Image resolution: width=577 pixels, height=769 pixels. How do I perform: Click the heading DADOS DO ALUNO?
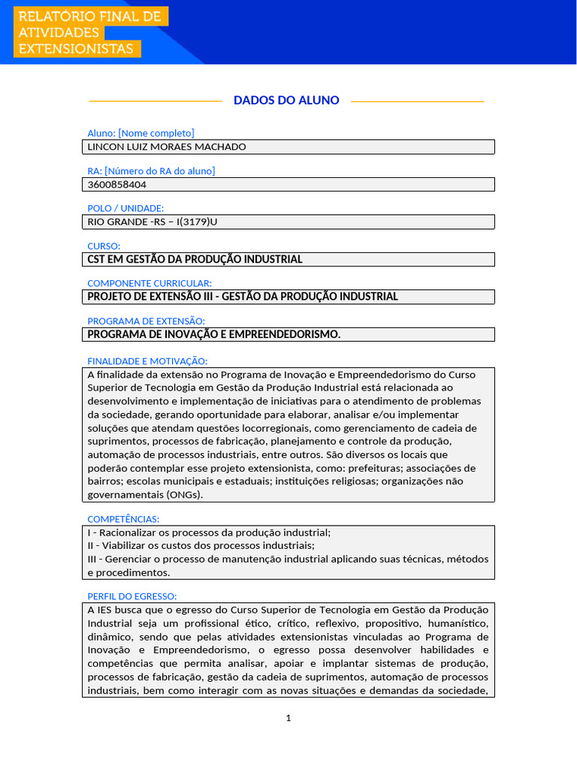(286, 100)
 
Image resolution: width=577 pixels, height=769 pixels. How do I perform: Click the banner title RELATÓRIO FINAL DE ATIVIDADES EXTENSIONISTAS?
(89, 32)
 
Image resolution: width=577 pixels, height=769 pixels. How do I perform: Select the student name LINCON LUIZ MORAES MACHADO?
(167, 146)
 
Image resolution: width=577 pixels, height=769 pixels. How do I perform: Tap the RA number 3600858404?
(117, 184)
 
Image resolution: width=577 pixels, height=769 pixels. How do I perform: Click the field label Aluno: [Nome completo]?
(140, 133)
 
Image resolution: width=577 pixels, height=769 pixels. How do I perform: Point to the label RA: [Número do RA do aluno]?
(151, 170)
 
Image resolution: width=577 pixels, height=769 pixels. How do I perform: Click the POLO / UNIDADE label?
(125, 208)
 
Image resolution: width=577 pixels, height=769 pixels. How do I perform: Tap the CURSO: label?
(104, 246)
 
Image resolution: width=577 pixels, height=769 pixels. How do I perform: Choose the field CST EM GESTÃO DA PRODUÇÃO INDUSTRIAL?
(195, 259)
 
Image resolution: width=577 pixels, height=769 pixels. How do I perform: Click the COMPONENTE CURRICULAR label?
(150, 283)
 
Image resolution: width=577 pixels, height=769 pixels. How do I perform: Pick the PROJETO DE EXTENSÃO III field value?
(243, 297)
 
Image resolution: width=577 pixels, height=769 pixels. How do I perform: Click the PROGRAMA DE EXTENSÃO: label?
(146, 321)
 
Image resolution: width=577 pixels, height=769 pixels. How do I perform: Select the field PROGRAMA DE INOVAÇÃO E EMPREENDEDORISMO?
(214, 334)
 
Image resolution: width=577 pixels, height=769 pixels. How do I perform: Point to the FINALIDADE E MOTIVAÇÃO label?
(147, 360)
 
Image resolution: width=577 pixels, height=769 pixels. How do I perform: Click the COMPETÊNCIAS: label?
(123, 519)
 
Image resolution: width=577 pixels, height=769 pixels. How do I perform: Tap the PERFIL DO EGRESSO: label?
(131, 596)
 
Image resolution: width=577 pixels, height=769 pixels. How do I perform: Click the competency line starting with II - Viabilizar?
(201, 545)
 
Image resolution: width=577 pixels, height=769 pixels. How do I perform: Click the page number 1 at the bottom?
(288, 718)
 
